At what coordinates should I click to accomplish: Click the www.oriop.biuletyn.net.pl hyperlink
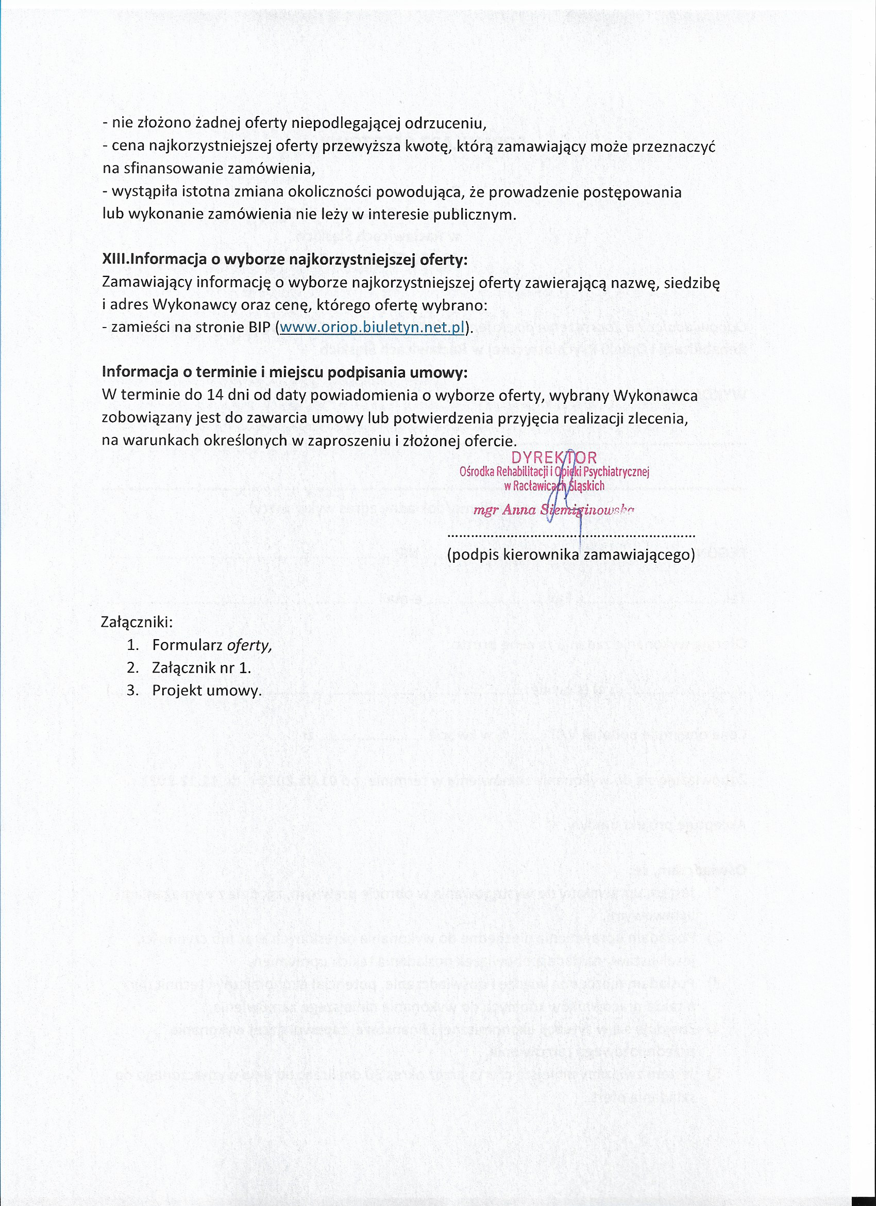point(372,328)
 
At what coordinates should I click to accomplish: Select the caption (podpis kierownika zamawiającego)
point(571,555)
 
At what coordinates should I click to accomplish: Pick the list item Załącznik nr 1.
point(201,668)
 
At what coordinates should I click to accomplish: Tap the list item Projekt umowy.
point(207,691)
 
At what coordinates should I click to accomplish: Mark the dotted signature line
point(571,535)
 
